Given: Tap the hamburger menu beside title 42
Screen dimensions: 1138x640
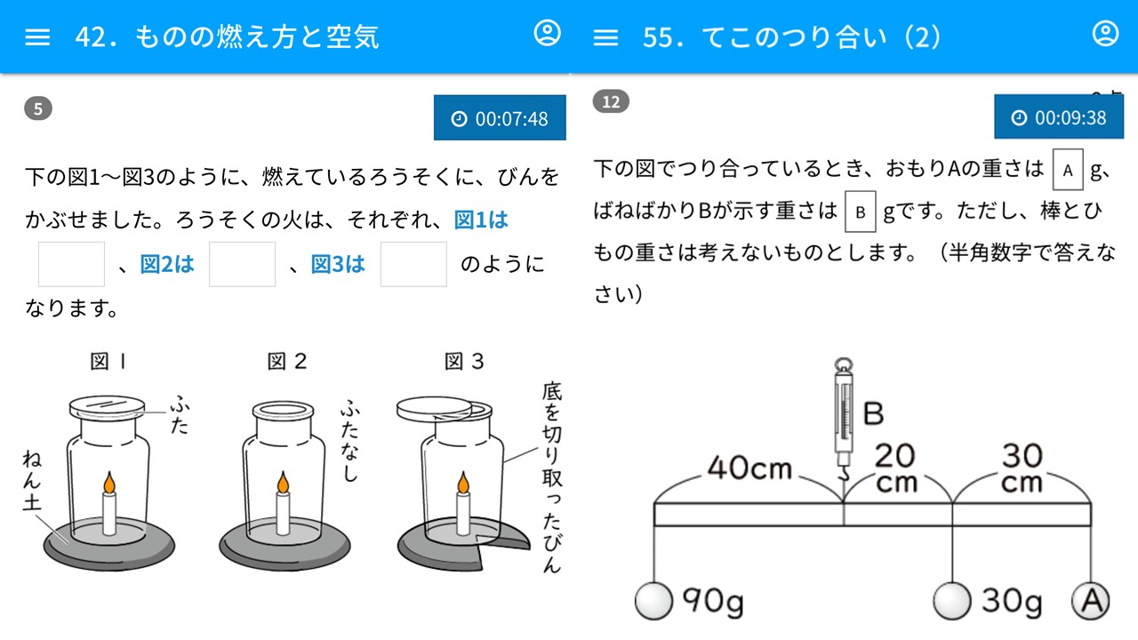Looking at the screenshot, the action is click(37, 37).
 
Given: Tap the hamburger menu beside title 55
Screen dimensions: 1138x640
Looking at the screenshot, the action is click(605, 37).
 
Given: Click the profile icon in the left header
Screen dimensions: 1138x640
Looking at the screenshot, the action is click(547, 33).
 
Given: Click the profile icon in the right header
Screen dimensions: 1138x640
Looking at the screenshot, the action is click(1105, 33).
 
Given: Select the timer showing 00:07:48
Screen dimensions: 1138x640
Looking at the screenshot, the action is click(500, 118).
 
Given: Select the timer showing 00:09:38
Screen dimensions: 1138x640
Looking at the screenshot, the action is click(1059, 116).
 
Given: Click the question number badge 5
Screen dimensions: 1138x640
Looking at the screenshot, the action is click(38, 108).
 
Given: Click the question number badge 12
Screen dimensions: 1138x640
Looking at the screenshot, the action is click(611, 101).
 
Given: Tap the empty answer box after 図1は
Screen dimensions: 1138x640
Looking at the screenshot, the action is click(72, 264).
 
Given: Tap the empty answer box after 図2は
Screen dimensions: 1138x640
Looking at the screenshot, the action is click(243, 264).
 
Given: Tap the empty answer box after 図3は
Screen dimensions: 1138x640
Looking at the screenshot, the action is click(413, 264).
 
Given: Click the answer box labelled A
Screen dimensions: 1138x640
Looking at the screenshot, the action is click(1068, 170).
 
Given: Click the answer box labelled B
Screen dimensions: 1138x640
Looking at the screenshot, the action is click(860, 212).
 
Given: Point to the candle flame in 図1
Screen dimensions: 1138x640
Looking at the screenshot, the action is click(109, 483).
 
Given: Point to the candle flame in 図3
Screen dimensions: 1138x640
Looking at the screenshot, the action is click(463, 483).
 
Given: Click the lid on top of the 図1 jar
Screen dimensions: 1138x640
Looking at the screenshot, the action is click(107, 407).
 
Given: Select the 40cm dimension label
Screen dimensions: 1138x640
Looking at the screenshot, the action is click(749, 468).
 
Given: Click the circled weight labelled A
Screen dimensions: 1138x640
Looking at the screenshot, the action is click(1091, 602).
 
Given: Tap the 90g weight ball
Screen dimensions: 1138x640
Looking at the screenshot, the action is click(653, 602).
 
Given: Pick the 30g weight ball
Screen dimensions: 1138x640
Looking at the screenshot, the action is click(952, 602).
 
